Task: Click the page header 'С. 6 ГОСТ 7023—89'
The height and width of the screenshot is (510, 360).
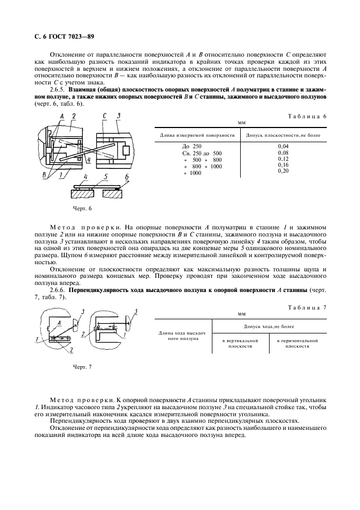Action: point(62,37)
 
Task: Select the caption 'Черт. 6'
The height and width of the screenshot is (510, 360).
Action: point(83,208)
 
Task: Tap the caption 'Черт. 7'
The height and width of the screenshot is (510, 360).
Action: point(83,367)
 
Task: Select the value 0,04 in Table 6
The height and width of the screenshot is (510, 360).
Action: point(283,147)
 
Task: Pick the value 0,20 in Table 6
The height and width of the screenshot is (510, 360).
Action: point(283,171)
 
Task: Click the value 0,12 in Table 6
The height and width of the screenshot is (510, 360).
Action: point(283,159)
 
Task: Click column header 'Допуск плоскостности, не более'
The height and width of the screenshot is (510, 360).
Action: point(283,135)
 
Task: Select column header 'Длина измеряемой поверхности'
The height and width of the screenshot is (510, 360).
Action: point(197,135)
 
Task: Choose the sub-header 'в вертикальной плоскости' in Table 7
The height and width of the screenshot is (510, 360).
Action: point(240,343)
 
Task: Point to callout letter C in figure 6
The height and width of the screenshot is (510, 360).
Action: point(104,116)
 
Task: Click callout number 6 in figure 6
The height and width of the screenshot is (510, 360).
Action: point(126,177)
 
